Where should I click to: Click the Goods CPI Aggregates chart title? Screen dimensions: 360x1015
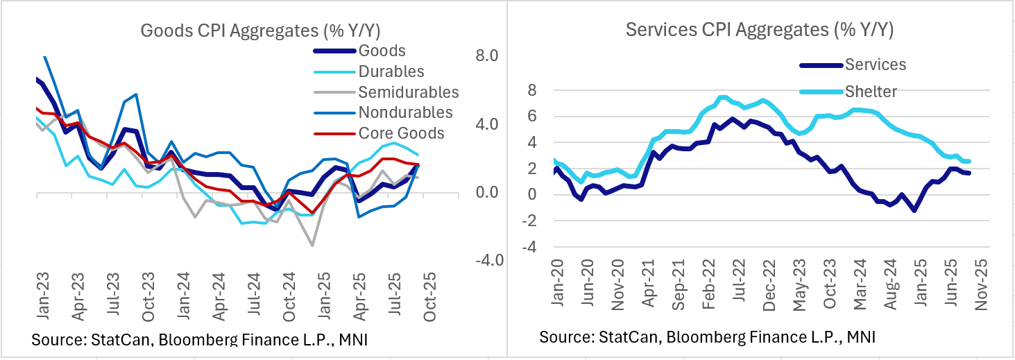point(260,31)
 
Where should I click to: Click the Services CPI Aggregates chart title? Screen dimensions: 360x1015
point(760,30)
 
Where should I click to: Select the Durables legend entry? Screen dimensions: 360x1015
point(391,71)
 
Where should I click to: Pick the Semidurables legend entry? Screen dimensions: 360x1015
point(409,92)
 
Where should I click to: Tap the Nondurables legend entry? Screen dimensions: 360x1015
point(405,112)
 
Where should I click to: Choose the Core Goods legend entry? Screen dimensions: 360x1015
point(401,133)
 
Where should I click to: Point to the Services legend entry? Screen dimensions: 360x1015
point(876,65)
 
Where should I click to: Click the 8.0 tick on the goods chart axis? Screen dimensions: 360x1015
point(486,56)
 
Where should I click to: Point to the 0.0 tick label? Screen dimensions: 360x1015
point(486,192)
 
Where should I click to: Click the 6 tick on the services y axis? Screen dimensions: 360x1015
point(533,117)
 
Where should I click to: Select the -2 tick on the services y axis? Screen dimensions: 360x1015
point(531,221)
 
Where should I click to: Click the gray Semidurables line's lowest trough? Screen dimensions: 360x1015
point(312,245)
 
